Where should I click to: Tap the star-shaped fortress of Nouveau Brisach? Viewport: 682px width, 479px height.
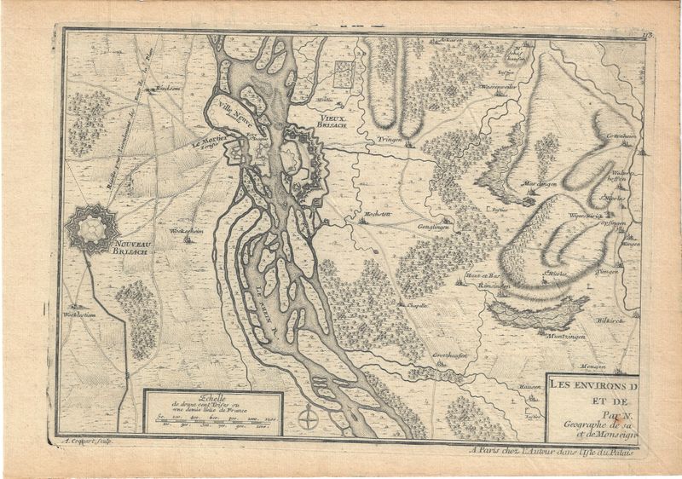(88, 226)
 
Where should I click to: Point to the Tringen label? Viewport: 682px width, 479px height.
(391, 139)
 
